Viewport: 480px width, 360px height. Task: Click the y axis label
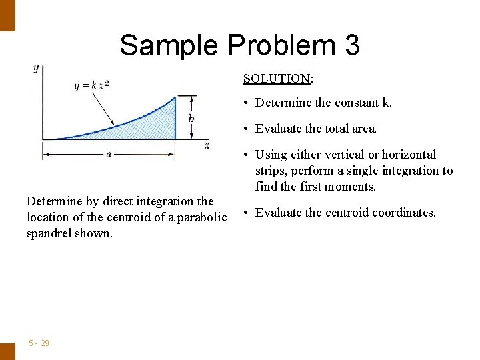coord(35,68)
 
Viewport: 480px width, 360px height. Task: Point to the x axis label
coord(207,145)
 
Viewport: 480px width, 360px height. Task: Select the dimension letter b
coord(191,118)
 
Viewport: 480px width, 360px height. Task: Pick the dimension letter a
coord(108,154)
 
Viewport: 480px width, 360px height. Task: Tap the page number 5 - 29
coord(39,343)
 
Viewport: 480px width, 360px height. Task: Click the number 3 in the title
coord(352,45)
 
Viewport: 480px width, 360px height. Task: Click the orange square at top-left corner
coord(7,15)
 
